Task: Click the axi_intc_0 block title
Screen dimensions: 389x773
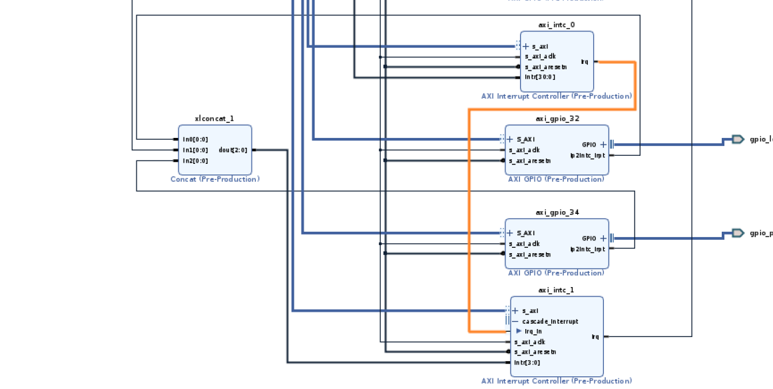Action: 557,25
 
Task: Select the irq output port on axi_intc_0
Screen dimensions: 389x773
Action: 585,62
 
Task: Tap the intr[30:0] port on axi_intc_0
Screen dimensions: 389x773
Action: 540,77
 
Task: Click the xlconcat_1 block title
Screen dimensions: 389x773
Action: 214,119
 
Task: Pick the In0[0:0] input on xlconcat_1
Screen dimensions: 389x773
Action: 195,139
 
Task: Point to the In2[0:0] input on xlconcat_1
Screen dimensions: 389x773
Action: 195,161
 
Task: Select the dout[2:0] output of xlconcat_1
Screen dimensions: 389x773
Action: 233,150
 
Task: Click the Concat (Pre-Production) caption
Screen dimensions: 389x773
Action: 215,179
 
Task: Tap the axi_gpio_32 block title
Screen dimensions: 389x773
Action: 557,119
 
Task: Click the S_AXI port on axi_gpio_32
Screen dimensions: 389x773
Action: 525,139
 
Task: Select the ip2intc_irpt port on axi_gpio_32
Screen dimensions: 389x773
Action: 588,155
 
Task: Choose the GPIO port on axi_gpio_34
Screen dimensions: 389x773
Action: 589,238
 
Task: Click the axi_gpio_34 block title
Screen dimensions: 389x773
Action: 557,212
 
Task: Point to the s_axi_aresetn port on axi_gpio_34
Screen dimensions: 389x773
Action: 530,254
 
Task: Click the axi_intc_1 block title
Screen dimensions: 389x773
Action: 557,290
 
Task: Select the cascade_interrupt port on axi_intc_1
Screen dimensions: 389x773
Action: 550,321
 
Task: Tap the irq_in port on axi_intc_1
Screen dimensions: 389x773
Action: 533,331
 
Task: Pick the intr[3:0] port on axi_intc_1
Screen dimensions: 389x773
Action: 527,362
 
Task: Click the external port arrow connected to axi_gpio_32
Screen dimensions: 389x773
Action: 738,139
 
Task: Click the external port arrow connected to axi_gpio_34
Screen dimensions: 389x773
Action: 738,233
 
